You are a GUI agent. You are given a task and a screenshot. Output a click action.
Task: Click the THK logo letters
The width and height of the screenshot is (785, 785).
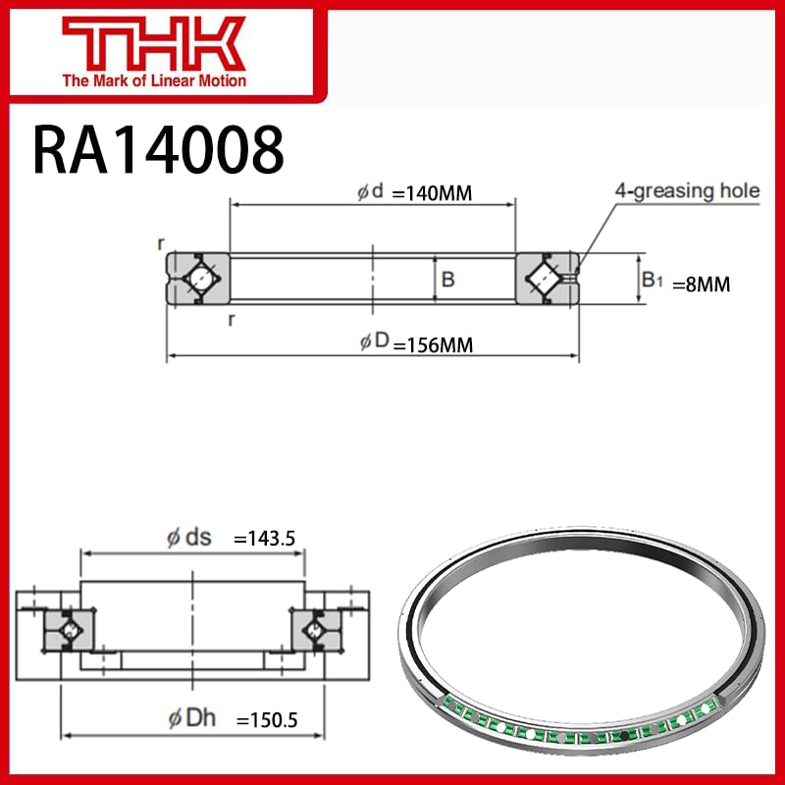coord(153,42)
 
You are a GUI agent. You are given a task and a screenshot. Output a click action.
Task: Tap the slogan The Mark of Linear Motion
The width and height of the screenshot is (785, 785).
coord(154,80)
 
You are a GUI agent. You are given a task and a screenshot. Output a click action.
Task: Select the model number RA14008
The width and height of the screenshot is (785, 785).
coord(158,149)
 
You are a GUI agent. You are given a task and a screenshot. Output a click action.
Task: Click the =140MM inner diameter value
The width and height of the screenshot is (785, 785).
coord(432,193)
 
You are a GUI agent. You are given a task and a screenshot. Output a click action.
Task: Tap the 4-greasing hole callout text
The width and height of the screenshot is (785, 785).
coord(687,190)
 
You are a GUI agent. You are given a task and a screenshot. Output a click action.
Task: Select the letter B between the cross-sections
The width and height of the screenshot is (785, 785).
coord(447,280)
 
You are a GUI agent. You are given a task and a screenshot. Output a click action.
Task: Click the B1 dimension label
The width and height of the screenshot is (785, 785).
coord(652,281)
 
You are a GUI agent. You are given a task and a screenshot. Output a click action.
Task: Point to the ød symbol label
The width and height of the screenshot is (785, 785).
coord(371,192)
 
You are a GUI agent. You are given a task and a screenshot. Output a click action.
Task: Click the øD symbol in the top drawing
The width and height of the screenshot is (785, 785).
coord(374,342)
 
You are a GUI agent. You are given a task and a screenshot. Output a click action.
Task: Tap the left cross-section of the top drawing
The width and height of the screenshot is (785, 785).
coord(197,279)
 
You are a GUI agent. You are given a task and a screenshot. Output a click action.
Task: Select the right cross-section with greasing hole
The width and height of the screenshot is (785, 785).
coord(547,279)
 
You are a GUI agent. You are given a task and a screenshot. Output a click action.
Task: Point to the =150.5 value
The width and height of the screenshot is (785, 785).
coord(265,722)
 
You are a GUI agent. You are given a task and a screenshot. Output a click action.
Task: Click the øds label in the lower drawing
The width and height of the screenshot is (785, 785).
coord(188,538)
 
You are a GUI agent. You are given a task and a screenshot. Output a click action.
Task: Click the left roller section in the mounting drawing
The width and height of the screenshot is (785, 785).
coord(69,627)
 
